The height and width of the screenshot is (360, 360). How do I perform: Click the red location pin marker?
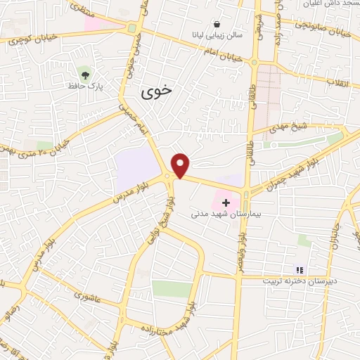click(181, 166)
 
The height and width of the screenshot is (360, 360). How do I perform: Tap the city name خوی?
click(156, 91)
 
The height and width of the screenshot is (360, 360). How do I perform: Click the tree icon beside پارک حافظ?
click(85, 73)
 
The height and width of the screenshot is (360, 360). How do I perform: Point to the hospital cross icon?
click(225, 202)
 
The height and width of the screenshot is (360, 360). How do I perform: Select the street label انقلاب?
click(338, 81)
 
